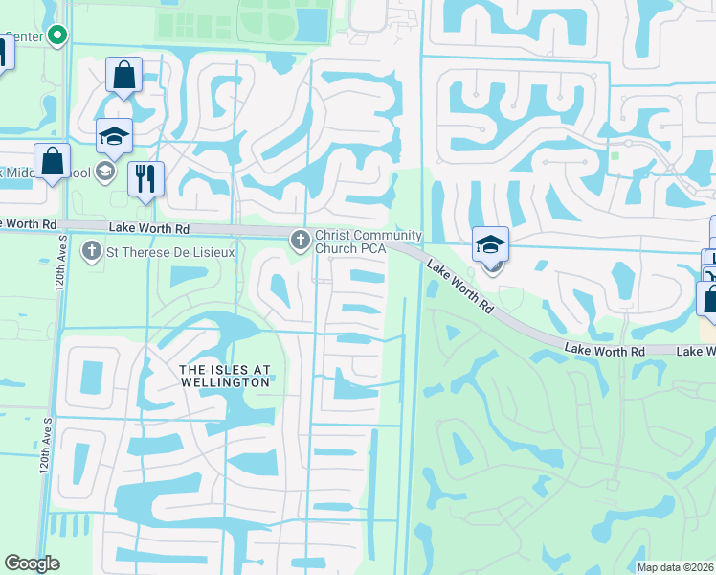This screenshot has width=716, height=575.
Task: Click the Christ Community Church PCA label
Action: (368, 242)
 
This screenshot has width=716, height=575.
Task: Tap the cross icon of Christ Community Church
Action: (300, 237)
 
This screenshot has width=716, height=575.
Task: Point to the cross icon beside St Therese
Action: (92, 252)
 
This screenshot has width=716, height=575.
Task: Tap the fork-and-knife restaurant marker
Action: (145, 178)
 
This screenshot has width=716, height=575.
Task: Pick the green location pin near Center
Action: (56, 36)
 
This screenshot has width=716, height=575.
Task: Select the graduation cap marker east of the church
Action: (490, 245)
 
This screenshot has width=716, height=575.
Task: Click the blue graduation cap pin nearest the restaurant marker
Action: (114, 136)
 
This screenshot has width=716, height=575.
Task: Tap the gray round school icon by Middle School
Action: (104, 172)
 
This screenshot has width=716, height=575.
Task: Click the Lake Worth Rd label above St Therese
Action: (149, 228)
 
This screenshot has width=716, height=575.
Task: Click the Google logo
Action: (32, 563)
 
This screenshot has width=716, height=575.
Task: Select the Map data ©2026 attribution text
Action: (675, 567)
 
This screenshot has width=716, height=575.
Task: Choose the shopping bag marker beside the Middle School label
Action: (51, 161)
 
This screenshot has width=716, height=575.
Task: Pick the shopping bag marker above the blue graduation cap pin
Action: (123, 75)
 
